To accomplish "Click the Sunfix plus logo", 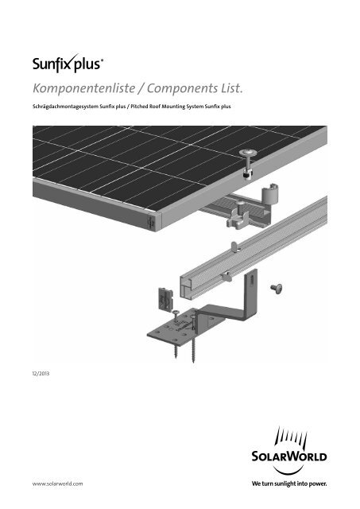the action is (x=68, y=63).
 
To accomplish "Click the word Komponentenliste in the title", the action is (x=84, y=88).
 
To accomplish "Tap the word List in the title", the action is (x=232, y=88).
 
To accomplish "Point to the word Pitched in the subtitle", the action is (x=139, y=106).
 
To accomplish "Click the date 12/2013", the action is (x=41, y=373).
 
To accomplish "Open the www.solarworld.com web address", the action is (x=57, y=484).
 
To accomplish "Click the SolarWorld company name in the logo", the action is (x=289, y=456).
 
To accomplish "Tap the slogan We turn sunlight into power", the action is (x=289, y=484).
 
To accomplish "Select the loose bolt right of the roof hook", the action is (x=277, y=289).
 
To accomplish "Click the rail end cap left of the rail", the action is (x=165, y=300).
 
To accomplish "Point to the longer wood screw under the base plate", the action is (x=194, y=338).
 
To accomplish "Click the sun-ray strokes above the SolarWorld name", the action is (x=291, y=437).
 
